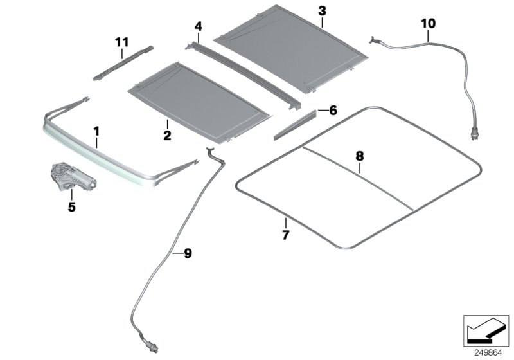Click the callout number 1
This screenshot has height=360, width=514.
coord(96,133)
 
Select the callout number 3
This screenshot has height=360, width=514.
coord(321,11)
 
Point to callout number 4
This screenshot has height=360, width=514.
coord(199,26)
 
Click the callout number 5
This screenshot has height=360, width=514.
coord(72,206)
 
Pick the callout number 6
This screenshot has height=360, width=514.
coord(332,111)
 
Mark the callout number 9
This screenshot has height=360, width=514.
coord(188,254)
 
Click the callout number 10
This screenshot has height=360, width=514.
coord(428,24)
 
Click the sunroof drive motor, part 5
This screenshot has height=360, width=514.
coord(71,177)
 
